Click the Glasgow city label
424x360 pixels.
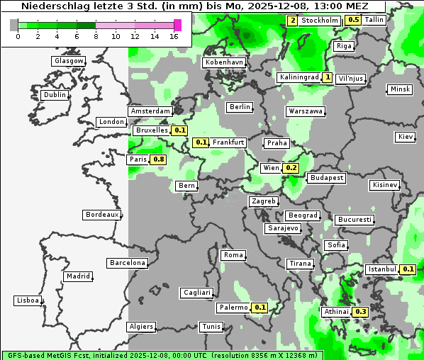(68, 61)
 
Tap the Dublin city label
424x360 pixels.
(55, 95)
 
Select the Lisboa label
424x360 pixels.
(27, 300)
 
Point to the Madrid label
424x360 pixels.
(77, 276)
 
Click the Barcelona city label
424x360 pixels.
(127, 263)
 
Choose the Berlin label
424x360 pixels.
(240, 107)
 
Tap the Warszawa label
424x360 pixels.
(306, 111)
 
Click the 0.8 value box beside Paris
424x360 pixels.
(159, 159)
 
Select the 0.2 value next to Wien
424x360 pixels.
(291, 168)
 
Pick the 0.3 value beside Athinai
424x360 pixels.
(361, 312)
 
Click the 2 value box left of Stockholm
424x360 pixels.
(292, 21)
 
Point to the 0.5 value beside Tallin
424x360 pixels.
(354, 20)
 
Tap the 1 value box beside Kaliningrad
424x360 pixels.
(328, 77)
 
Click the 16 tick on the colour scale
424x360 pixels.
(174, 36)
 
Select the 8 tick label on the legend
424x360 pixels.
(96, 36)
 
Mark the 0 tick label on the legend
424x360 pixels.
(18, 36)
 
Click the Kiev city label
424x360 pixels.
(406, 137)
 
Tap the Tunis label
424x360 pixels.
(211, 327)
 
